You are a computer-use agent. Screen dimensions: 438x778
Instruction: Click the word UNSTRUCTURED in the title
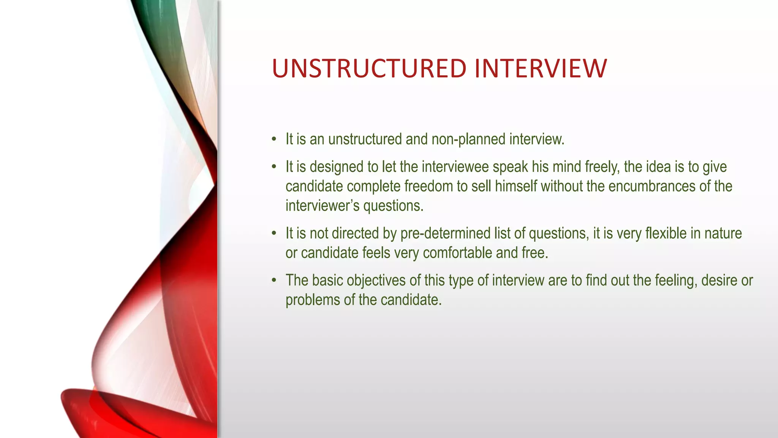[369, 69]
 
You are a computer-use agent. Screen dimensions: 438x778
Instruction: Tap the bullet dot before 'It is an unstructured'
[274, 139]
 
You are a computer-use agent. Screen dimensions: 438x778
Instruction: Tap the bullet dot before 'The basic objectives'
[274, 281]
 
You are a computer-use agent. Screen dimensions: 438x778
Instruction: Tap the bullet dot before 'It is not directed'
[274, 233]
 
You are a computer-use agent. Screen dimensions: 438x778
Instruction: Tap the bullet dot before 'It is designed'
[274, 167]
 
